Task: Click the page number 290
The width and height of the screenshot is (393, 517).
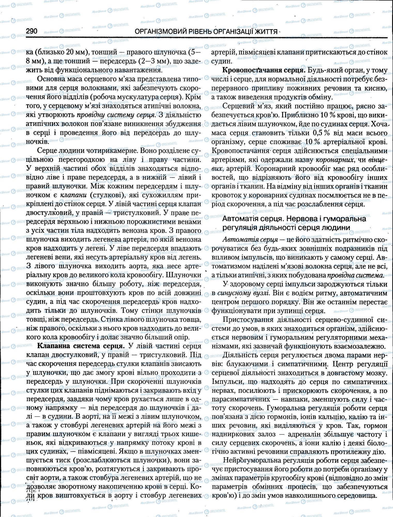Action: point(32,31)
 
